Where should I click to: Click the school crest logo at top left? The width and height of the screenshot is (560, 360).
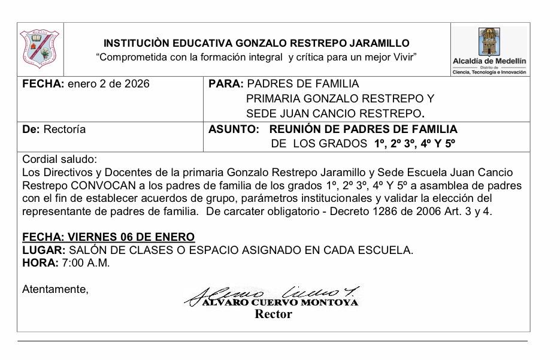[x=40, y=49]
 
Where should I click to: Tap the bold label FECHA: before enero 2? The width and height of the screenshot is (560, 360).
[x=43, y=84]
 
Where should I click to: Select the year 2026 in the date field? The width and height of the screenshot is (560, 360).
[x=136, y=84]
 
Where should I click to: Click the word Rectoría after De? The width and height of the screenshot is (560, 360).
[x=65, y=129]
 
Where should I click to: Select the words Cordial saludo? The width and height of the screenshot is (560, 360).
[x=59, y=159]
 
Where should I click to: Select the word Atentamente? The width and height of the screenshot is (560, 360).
[x=55, y=289]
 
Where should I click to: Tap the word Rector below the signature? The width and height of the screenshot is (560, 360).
[x=273, y=314]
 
